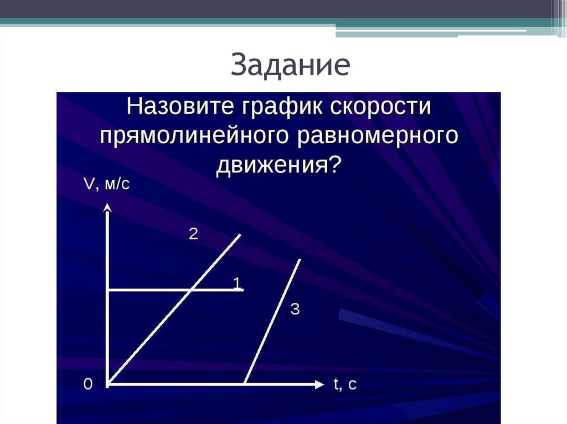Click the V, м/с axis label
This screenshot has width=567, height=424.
pos(106,184)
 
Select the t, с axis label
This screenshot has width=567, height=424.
pos(344,385)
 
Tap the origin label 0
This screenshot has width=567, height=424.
pos(87,385)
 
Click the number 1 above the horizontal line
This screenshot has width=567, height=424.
pos(237,284)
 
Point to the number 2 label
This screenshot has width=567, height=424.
pos(193,234)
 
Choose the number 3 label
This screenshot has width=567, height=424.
pos(295,310)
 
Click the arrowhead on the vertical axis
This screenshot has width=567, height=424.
pos(108,208)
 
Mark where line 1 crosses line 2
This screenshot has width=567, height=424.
pos(191,290)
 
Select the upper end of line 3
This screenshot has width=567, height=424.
pos(300,259)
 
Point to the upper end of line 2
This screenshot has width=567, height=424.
pos(240,235)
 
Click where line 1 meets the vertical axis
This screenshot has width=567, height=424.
pos(108,290)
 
